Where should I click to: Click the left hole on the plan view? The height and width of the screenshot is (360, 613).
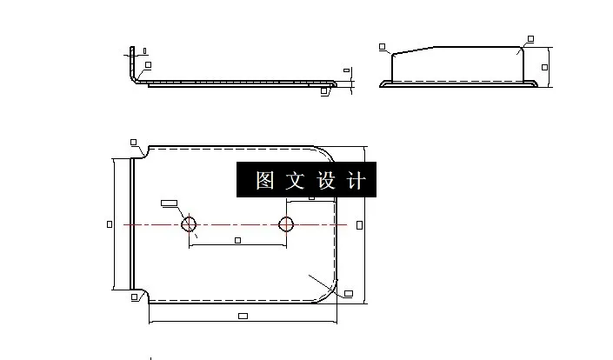coord(189,224)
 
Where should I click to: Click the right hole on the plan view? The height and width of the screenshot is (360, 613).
coord(286,224)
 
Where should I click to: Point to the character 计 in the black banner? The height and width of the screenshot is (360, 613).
coord(355,181)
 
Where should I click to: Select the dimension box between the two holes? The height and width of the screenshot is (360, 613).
coord(237,240)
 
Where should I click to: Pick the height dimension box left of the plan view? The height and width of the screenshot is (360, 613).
coord(109,224)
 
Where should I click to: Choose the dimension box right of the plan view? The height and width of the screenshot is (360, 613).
coord(360,224)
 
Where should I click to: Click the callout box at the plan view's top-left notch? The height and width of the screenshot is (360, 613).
coord(133,142)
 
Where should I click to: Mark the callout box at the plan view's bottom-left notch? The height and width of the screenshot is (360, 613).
coord(133,297)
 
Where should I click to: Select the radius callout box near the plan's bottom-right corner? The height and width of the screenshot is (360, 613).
coord(348,293)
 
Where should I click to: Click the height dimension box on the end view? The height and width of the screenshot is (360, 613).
coord(545,66)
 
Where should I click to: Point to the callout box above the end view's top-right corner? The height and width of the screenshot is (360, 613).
coord(530,38)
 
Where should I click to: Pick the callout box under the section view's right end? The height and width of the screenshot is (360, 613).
coord(324,90)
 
